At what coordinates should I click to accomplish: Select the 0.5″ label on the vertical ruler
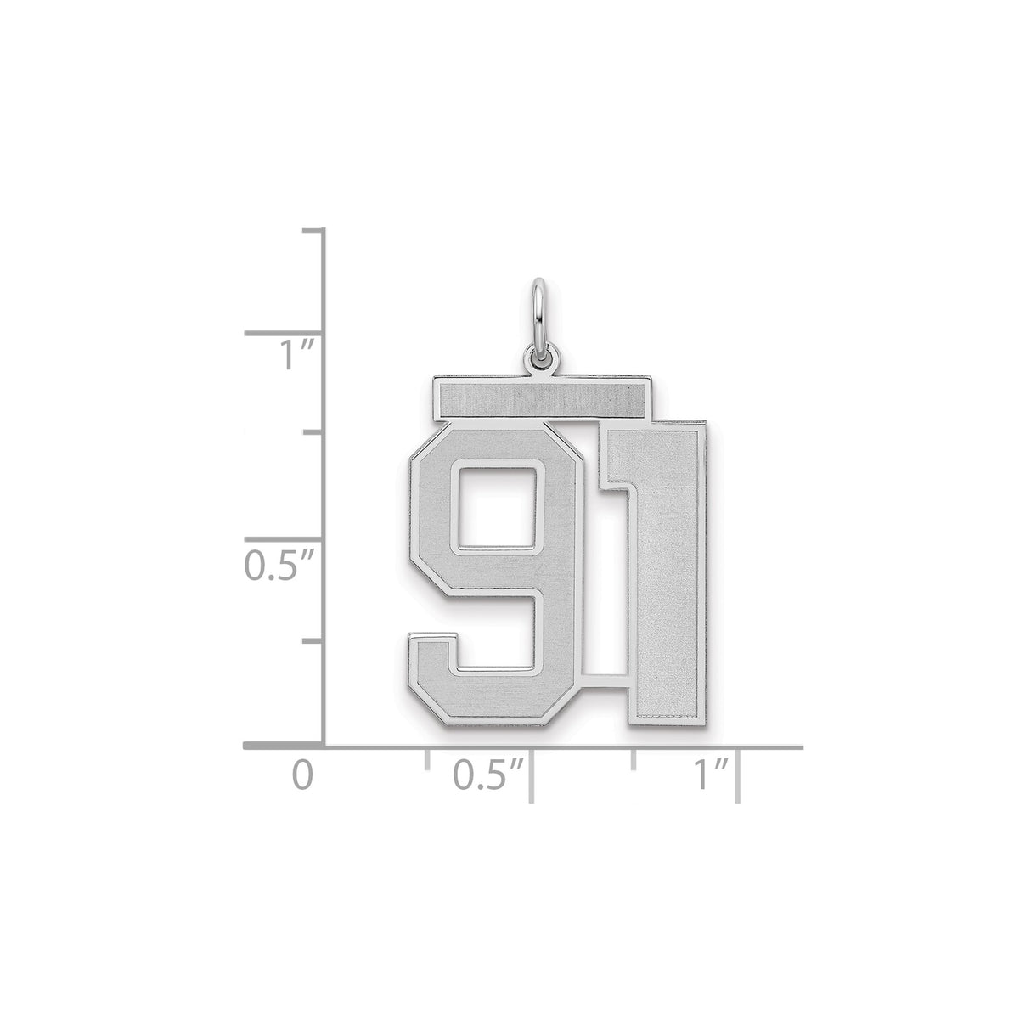click(279, 566)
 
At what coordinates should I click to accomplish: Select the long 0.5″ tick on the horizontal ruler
click(532, 775)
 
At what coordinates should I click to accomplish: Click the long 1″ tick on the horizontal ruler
click(739, 775)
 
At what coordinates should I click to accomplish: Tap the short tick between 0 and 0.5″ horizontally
click(427, 759)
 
